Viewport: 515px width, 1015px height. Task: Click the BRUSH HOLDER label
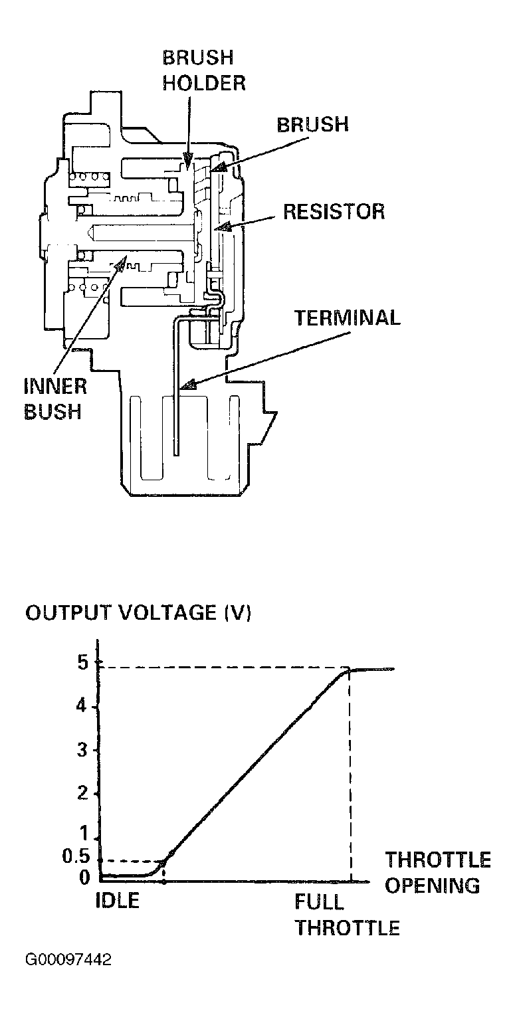(204, 70)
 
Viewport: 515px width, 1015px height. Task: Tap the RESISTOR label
(334, 212)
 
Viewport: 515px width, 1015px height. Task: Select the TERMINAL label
(348, 318)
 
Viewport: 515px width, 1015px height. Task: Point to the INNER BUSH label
(55, 399)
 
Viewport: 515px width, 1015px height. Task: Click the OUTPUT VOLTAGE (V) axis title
(138, 613)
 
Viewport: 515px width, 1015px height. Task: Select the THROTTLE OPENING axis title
(438, 872)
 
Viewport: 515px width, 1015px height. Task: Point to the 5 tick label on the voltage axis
(82, 663)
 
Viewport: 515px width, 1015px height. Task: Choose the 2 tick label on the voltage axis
(82, 793)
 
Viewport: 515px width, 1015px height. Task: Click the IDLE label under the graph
(118, 900)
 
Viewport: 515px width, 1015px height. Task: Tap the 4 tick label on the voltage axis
(82, 706)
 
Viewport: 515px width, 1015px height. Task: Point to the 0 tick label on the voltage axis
(84, 877)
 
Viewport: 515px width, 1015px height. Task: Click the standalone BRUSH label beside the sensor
(312, 125)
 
